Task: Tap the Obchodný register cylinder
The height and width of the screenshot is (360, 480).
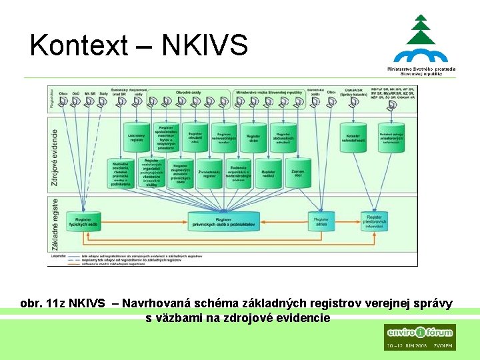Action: pyautogui.click(x=136, y=136)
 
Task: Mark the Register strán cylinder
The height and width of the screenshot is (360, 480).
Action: pyautogui.click(x=253, y=137)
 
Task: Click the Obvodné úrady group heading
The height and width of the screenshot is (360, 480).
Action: pyautogui.click(x=189, y=91)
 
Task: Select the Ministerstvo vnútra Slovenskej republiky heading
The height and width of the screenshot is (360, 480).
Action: pyautogui.click(x=267, y=91)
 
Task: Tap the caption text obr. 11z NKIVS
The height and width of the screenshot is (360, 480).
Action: pyautogui.click(x=63, y=304)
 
